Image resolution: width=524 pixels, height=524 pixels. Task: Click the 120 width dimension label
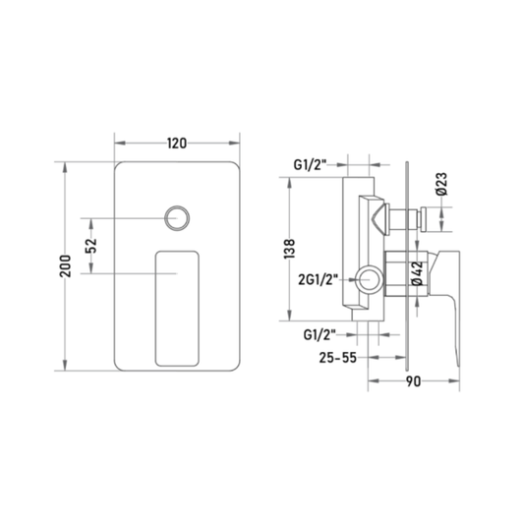coord(177,144)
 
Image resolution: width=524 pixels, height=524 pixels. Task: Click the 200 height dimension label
coord(66,266)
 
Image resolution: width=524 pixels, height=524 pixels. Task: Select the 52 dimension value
coord(91,246)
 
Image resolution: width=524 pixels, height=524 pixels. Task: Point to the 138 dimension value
coord(289,249)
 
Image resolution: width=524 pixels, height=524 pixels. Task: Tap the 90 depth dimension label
coord(413,381)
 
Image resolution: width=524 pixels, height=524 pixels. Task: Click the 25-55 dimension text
coord(337,358)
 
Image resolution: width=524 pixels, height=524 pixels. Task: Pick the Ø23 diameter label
coord(441,184)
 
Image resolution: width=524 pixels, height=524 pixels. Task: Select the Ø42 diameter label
coord(418,273)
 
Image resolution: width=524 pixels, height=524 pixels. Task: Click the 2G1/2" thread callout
coord(319,280)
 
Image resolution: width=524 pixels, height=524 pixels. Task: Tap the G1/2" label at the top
coord(310,165)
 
